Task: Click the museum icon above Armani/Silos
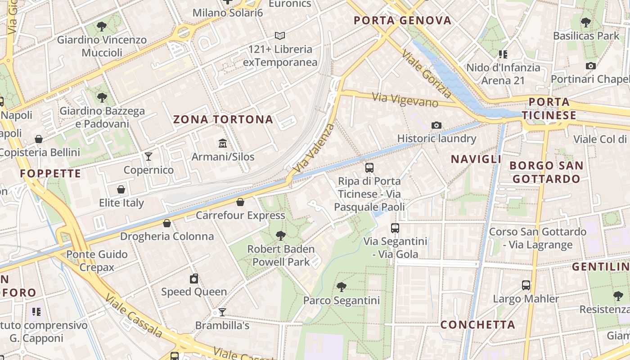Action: [x=222, y=144]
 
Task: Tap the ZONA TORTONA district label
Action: [x=223, y=120]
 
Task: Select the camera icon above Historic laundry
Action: [x=436, y=125]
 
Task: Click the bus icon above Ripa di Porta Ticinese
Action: [x=369, y=168]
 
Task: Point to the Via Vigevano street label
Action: [x=405, y=100]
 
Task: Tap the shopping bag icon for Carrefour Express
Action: [x=240, y=202]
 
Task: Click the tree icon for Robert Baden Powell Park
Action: [x=281, y=235]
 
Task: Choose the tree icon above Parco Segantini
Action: [x=342, y=287]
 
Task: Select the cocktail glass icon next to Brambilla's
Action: [x=222, y=312]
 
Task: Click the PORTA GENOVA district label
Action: [x=402, y=20]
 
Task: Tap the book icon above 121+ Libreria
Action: [x=280, y=36]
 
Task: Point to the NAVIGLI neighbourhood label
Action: [x=476, y=159]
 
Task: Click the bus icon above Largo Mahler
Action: [x=526, y=285]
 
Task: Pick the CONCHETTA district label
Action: [x=477, y=324]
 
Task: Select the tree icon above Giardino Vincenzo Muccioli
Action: [x=102, y=26]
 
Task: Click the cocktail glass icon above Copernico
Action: [x=148, y=156]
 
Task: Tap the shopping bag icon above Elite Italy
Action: [x=121, y=189]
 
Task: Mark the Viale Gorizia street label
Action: [x=426, y=74]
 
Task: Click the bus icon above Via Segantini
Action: [x=395, y=228]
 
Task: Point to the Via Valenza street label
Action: [x=314, y=148]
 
